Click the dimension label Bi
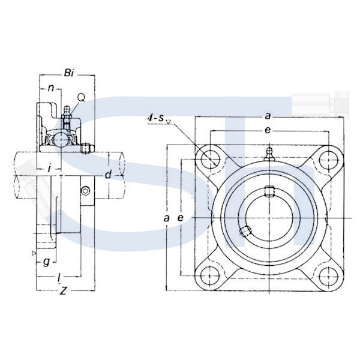point(69,73)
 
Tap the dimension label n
point(51,88)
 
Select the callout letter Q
point(81,98)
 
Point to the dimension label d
point(108,175)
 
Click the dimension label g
point(47,262)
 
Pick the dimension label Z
point(63,291)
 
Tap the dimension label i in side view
point(49,169)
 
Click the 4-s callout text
point(155,118)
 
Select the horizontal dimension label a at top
point(268,116)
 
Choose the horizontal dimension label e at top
point(268,130)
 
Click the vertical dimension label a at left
point(166,218)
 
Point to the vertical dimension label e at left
point(181,218)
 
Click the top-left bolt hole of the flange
point(211,159)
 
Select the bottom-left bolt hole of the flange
point(210,276)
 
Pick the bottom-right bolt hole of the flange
point(329,277)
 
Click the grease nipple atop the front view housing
point(269,154)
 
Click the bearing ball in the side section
point(61,139)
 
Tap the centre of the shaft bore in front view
point(269,218)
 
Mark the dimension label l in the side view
point(59,278)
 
